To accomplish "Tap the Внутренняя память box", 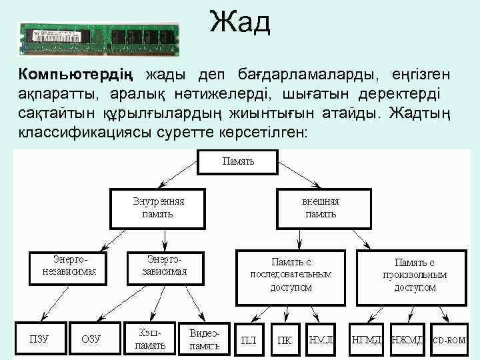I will [x=157, y=207].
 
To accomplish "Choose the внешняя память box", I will [x=321, y=207].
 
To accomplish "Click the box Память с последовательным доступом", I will [x=291, y=274].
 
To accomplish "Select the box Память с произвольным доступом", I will [x=415, y=274].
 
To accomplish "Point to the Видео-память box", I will [x=205, y=339].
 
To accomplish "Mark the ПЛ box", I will [x=249, y=339].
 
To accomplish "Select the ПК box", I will [x=285, y=339].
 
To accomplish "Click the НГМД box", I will [x=367, y=339].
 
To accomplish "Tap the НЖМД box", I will [x=407, y=339].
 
